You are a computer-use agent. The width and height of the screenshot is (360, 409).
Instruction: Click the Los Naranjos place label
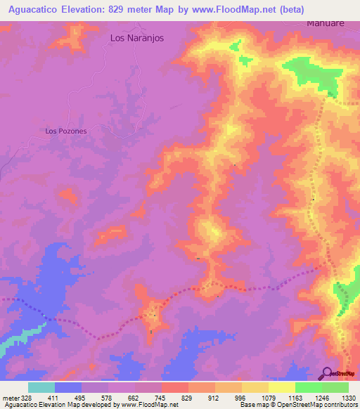[137, 39]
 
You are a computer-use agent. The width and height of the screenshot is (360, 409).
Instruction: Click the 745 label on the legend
[160, 397]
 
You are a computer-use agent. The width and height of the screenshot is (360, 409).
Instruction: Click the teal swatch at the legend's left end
[41, 387]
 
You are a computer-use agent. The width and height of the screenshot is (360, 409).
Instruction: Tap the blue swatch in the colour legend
[68, 387]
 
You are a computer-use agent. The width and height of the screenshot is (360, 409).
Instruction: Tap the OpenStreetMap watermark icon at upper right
[331, 89]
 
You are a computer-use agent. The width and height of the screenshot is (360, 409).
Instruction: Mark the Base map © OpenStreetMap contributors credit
[298, 405]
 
